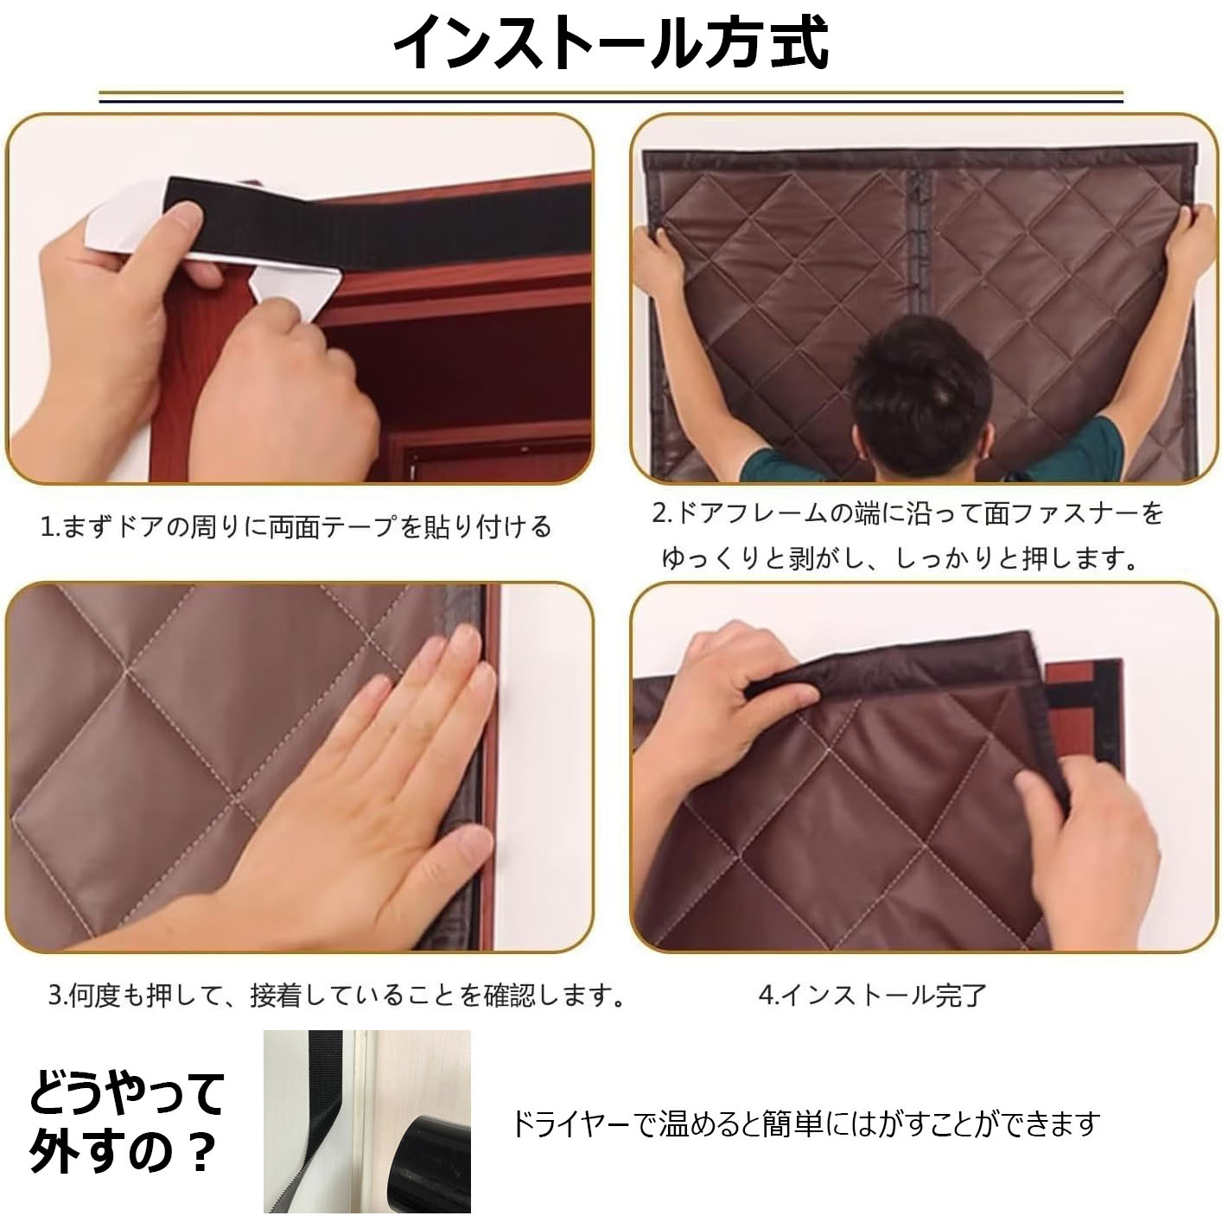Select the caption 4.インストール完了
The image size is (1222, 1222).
(872, 995)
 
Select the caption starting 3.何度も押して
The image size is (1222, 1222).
(336, 995)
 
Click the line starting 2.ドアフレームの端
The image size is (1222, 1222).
(907, 513)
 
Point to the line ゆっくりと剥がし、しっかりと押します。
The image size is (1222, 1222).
(899, 558)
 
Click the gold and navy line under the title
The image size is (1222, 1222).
(611, 97)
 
